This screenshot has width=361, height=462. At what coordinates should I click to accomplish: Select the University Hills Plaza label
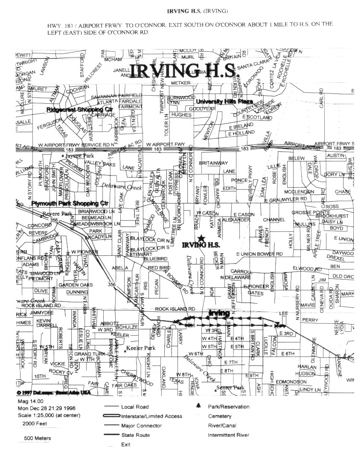(224, 102)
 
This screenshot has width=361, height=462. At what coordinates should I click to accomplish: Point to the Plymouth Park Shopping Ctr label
(76, 203)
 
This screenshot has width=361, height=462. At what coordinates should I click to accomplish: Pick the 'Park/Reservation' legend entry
(228, 407)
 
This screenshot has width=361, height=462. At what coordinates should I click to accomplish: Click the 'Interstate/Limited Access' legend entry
(151, 416)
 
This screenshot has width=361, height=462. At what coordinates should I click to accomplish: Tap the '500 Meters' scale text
(38, 438)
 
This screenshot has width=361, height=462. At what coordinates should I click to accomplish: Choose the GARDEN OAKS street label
(76, 285)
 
